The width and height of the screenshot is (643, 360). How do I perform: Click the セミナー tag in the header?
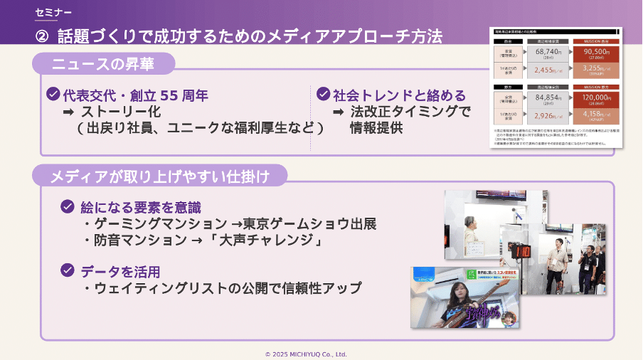click(x=53, y=13)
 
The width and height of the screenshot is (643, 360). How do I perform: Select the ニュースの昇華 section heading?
click(x=103, y=64)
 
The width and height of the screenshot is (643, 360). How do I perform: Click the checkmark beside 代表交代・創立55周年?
click(x=53, y=95)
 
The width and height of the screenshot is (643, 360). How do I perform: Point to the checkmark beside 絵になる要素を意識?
click(x=68, y=207)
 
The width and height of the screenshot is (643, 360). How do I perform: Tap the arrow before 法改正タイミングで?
click(x=339, y=112)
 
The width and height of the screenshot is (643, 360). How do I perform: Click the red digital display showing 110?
click(x=522, y=250)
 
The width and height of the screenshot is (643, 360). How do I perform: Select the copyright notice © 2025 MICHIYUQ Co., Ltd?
click(x=306, y=354)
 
